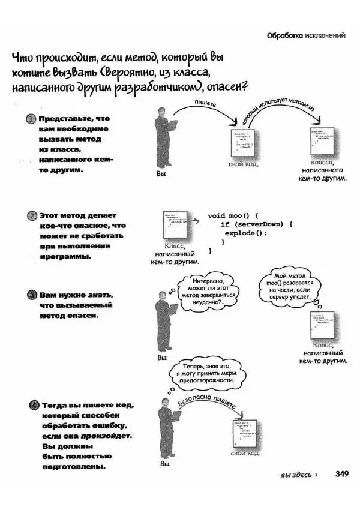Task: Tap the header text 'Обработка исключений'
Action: coord(306,35)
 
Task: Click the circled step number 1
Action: coord(31,119)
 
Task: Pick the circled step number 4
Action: coord(34,406)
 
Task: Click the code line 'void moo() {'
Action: coord(232,215)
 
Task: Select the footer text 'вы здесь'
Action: coord(296,475)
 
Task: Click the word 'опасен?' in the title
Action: coord(228,88)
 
